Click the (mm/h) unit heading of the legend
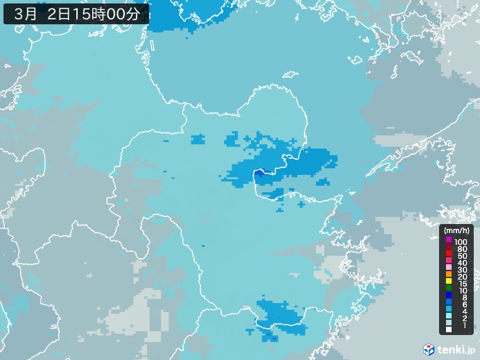click(x=457, y=230)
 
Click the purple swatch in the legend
click(x=449, y=240)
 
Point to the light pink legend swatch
click(x=449, y=271)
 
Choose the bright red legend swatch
click(x=449, y=256)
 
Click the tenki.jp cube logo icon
click(x=429, y=349)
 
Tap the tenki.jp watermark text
click(x=456, y=349)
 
